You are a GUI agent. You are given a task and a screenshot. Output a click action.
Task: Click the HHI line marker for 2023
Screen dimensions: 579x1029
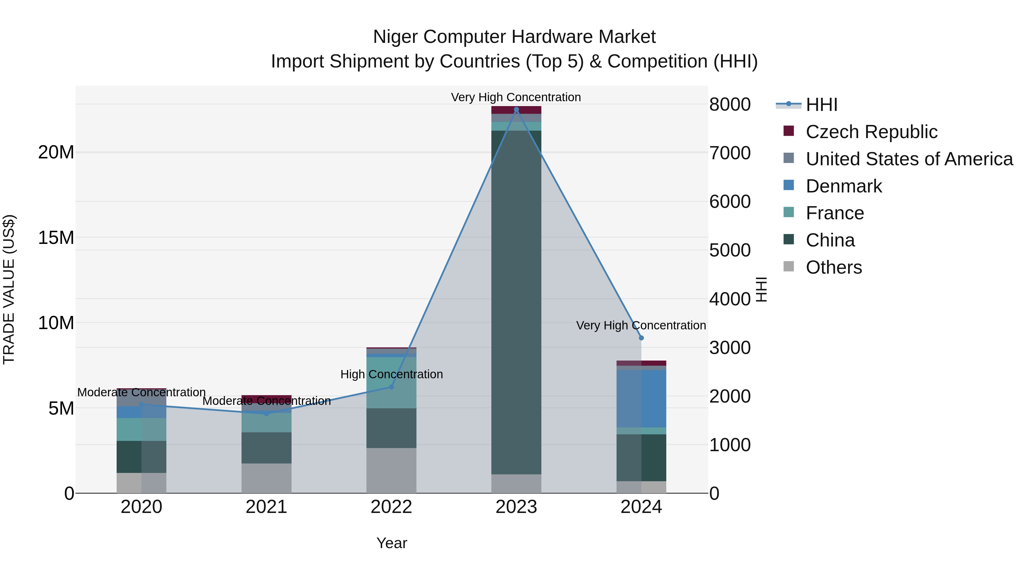[x=516, y=110]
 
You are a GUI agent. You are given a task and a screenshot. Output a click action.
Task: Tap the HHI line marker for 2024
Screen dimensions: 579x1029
[x=641, y=338]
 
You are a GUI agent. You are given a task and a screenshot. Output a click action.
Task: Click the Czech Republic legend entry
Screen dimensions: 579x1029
[x=871, y=132]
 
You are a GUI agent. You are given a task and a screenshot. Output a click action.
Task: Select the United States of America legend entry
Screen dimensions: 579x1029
[x=909, y=159]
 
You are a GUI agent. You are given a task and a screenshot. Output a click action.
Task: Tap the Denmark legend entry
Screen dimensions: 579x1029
[x=844, y=186]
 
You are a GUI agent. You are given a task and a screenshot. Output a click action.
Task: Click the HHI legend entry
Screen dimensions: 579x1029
[x=821, y=105]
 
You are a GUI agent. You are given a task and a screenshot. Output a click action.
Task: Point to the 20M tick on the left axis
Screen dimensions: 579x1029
[x=56, y=152]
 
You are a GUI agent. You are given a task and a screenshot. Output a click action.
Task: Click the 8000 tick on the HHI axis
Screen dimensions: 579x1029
[x=730, y=105]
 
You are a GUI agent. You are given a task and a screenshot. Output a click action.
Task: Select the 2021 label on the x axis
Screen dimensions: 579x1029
[x=266, y=507]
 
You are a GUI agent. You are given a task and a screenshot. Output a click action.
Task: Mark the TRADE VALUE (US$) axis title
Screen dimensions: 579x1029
[x=9, y=289]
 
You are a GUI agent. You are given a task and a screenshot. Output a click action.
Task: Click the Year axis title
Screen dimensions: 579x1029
[x=392, y=543]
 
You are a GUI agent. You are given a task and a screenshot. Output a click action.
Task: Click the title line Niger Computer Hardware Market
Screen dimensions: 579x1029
[x=514, y=37]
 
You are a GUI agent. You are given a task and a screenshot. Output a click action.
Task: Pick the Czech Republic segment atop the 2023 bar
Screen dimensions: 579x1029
[x=516, y=110]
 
